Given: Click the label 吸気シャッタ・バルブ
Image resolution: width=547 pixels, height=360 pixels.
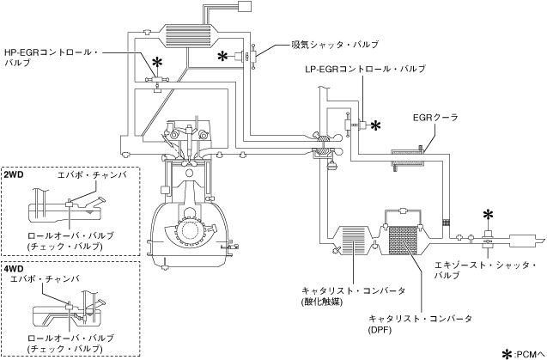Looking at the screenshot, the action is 335,45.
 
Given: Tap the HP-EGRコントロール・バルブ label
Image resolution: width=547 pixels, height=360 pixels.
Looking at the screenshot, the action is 52,58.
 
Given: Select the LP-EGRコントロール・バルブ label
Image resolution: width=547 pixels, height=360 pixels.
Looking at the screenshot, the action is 365,69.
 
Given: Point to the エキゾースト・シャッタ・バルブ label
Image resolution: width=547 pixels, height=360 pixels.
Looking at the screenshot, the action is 485,270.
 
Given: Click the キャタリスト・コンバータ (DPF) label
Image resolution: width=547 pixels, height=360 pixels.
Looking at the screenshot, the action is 421,324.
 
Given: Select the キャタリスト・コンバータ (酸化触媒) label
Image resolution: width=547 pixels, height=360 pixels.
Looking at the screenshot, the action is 354,296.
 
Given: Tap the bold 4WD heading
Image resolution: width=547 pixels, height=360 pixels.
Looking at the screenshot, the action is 14,269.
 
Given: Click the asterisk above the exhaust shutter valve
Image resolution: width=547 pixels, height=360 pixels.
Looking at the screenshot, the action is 488,216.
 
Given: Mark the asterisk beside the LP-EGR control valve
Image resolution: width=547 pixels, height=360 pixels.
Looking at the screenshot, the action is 376,125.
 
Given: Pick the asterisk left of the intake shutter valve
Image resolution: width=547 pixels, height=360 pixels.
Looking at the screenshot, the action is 223,56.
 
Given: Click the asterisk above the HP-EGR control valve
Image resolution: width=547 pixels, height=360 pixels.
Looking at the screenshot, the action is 158,63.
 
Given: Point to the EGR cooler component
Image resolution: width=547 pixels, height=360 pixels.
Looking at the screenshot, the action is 408,159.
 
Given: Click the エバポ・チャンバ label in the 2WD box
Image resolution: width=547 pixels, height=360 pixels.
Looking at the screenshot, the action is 92,175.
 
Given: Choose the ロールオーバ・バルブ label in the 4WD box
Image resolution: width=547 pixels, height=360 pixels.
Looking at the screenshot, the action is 70,339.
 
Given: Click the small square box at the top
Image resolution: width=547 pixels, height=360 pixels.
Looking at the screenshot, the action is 244,6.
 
